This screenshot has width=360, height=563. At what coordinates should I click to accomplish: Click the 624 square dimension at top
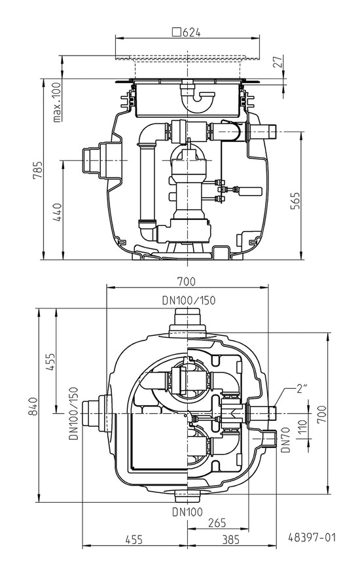pos(187,32)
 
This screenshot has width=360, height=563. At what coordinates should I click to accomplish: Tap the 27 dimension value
pos(278,62)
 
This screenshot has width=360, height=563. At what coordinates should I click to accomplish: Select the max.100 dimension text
pos(57,102)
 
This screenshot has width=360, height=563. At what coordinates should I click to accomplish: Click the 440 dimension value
pos(58,212)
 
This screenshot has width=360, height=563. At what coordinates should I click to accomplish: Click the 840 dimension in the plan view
pos(33,406)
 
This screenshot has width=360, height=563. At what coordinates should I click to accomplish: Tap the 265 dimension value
pos(217,522)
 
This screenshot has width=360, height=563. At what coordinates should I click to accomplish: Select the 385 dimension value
pos(230,539)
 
